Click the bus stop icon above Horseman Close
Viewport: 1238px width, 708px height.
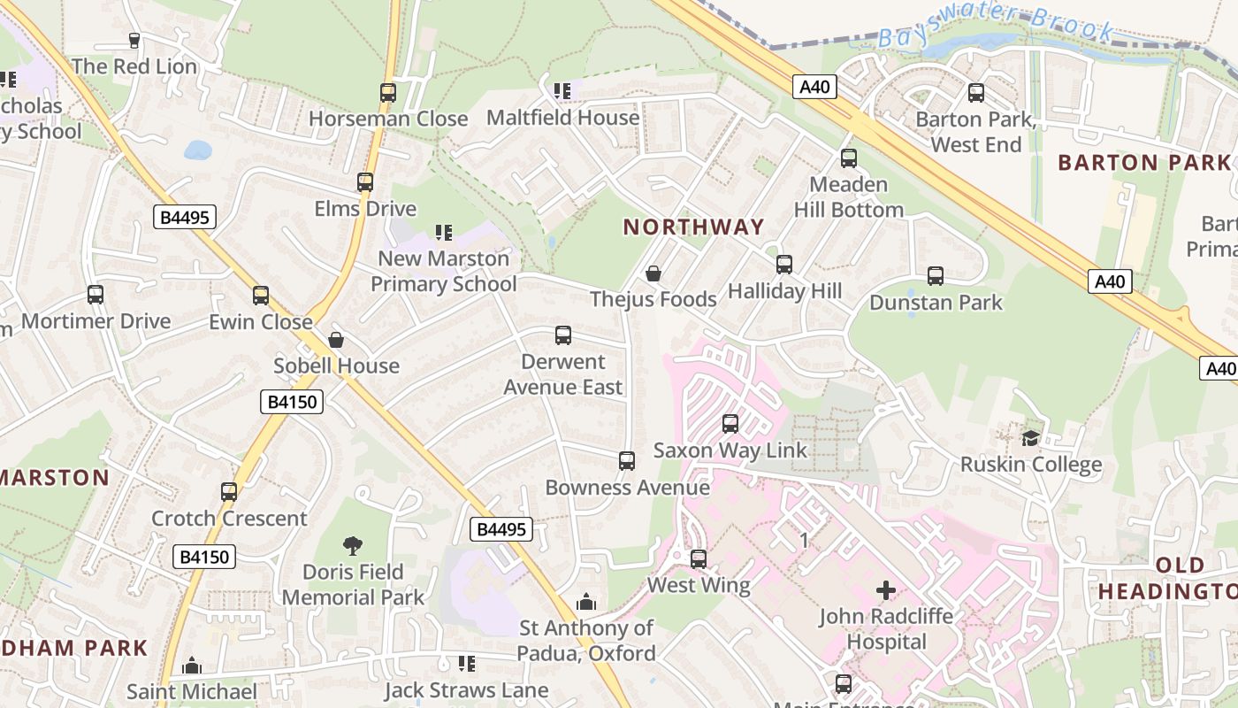(x=387, y=92)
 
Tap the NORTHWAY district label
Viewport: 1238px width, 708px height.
(x=694, y=227)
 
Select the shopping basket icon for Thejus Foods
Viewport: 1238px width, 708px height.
(x=653, y=273)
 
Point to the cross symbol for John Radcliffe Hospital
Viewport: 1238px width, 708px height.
(x=885, y=590)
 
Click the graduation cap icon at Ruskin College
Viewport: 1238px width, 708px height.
(x=1030, y=438)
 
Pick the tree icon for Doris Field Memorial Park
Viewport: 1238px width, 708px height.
(x=353, y=545)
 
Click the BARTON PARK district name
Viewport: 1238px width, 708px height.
(x=1144, y=163)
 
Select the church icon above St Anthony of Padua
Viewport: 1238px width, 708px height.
(x=586, y=603)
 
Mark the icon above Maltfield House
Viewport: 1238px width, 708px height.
(x=562, y=91)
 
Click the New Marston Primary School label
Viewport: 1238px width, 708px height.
(x=444, y=271)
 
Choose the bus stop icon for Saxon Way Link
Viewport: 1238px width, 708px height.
(x=730, y=424)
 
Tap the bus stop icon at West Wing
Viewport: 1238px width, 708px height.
(x=699, y=559)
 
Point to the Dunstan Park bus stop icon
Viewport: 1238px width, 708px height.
(x=936, y=276)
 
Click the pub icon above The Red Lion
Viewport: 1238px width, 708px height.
(x=134, y=40)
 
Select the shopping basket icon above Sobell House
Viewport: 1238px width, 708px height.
(x=336, y=340)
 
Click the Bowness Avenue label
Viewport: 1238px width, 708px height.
(x=627, y=488)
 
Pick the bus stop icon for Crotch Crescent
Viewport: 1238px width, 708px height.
(x=229, y=492)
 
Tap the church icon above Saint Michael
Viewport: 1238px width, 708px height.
(x=192, y=666)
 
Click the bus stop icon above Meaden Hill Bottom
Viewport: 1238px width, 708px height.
(x=849, y=158)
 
